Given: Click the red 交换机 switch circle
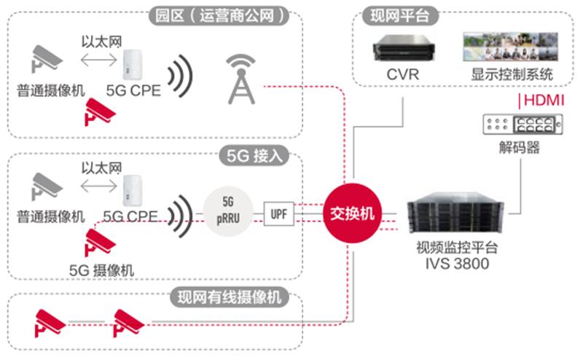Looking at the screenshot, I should [x=353, y=214].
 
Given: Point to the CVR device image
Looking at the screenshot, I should [x=404, y=48].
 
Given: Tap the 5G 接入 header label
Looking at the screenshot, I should [x=254, y=155].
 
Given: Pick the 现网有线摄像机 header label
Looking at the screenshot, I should [x=228, y=297].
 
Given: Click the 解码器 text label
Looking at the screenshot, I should [x=520, y=148].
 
